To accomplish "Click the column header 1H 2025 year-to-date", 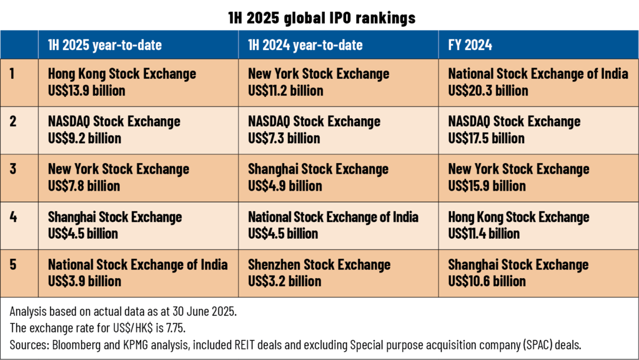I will [105, 45].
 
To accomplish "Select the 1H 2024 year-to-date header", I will [305, 45].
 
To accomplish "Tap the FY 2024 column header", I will [470, 45].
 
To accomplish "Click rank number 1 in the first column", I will [12, 74].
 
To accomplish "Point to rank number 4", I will [13, 217].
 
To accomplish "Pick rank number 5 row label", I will [13, 264].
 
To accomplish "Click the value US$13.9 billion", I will [87, 91].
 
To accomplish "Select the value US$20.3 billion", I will [488, 91].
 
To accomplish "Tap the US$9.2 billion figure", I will [83, 138].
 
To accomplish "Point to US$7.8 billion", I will [84, 186].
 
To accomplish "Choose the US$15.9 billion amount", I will [487, 186].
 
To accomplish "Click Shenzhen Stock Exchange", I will [319, 264].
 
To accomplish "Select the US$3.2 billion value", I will [285, 281].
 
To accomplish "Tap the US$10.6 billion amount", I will [487, 281].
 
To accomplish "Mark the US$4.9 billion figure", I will [285, 186].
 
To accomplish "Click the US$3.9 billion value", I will [84, 281].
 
